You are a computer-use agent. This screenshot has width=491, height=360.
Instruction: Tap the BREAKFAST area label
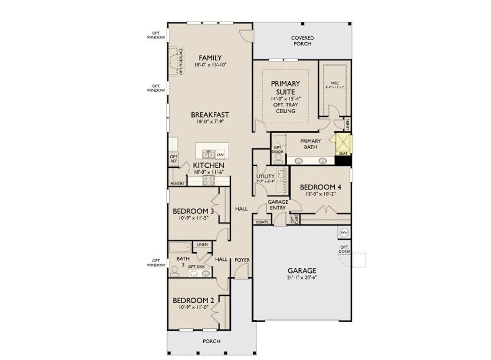point(210,115)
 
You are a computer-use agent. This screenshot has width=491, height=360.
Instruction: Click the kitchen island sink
point(208,154)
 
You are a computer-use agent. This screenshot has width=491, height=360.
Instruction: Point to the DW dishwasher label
point(220,155)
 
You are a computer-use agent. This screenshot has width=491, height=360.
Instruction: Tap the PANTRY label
point(177,184)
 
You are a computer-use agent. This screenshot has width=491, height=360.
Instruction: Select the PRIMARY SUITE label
point(285,88)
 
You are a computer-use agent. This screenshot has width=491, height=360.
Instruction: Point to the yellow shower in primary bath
point(343,143)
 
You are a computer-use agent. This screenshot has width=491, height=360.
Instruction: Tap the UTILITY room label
point(265,176)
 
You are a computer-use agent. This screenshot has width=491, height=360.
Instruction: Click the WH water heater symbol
point(344,232)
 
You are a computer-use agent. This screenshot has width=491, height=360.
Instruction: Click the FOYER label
point(242,260)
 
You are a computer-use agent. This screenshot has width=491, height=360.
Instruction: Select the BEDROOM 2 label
point(193,300)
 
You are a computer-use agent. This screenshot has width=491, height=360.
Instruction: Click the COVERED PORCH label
point(303,41)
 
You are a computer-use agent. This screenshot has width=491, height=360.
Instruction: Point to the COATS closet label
point(262,222)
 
